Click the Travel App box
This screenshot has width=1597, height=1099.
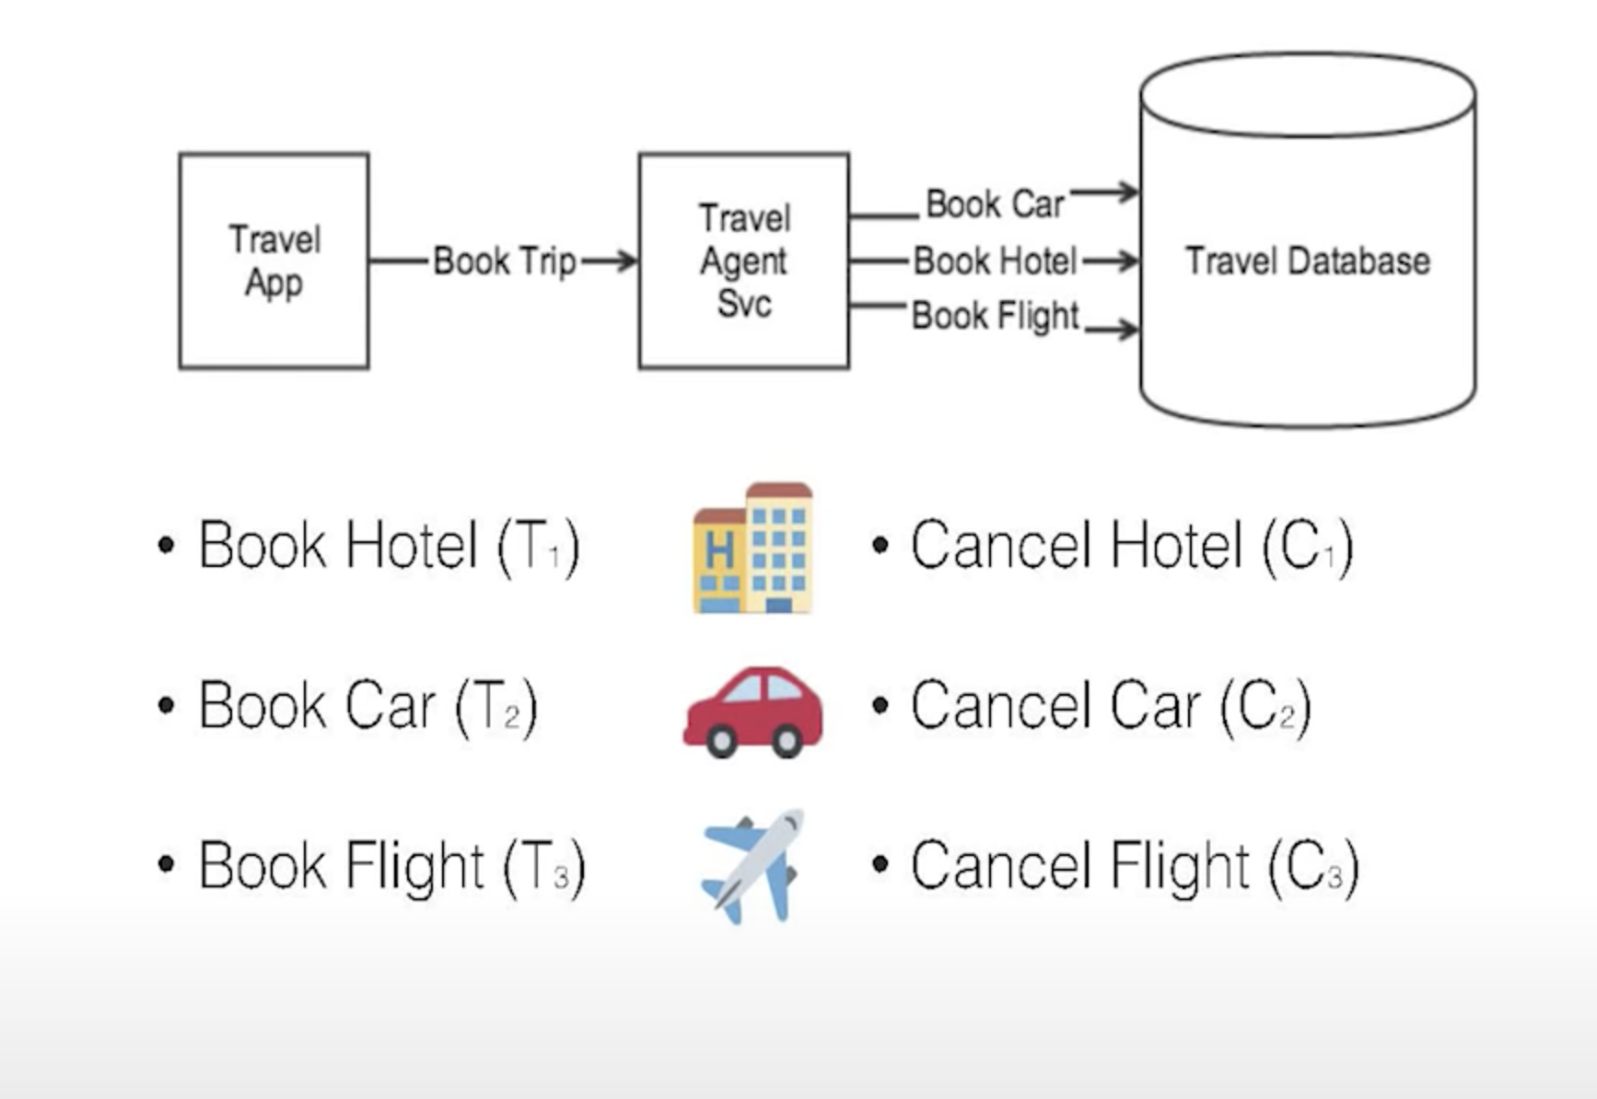tap(274, 261)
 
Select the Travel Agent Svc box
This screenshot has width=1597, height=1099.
tap(743, 261)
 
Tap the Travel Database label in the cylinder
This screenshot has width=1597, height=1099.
tap(1307, 261)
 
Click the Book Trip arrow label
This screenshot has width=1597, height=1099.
tap(504, 261)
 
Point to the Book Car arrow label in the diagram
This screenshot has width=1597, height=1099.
tap(994, 204)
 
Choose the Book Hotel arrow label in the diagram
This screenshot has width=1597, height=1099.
tap(995, 261)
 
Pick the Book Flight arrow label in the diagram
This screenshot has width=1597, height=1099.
tap(995, 316)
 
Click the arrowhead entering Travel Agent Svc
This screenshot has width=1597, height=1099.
tap(628, 261)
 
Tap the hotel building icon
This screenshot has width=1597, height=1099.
tap(752, 548)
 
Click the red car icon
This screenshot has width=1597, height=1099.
tap(753, 711)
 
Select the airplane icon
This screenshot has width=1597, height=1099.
tap(752, 865)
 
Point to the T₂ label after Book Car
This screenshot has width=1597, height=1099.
tap(497, 707)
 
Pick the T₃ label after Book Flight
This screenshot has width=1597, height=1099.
tap(546, 866)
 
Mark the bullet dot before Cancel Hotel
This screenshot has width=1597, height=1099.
tap(880, 545)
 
